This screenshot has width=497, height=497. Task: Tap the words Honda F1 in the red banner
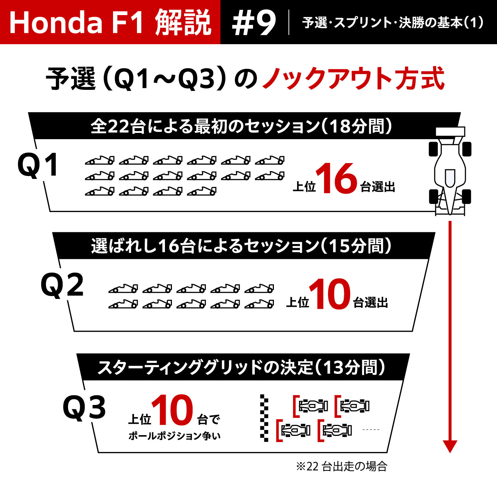click(x=76, y=23)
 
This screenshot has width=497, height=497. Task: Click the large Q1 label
click(x=38, y=165)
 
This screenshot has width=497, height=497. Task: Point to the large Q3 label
click(x=84, y=408)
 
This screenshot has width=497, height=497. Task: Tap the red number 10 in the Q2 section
click(x=330, y=294)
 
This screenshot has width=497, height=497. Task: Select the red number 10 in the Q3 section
click(x=173, y=410)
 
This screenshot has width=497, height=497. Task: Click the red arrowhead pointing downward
click(x=450, y=446)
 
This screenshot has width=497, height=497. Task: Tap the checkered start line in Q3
click(x=264, y=418)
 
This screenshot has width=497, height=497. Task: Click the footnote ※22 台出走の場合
click(x=342, y=466)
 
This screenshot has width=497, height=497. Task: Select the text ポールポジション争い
click(x=175, y=436)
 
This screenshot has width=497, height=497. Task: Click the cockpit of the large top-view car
click(x=450, y=178)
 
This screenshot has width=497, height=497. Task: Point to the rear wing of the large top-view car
click(x=450, y=131)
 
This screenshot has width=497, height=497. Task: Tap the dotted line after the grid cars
click(x=371, y=430)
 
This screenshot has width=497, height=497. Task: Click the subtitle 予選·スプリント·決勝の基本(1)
click(x=393, y=23)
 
